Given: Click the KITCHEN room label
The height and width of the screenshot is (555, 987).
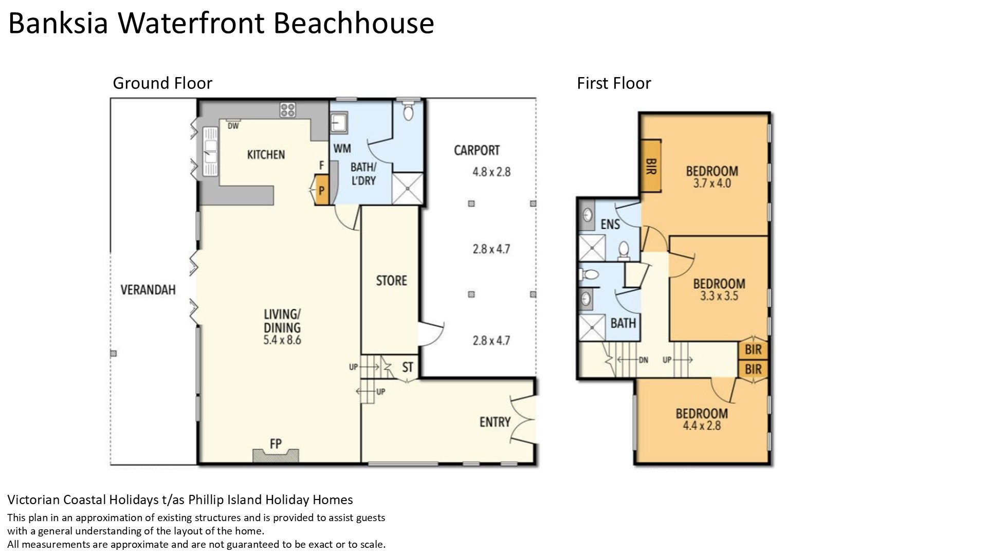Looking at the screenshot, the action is [x=266, y=155].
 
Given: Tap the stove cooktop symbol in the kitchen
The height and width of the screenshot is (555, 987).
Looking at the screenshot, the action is [x=287, y=109].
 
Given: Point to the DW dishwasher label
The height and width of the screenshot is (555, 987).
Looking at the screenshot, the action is [x=233, y=126].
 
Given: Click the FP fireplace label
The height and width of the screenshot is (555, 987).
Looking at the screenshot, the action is [x=276, y=443].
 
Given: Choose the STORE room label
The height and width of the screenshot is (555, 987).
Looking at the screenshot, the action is [x=391, y=281].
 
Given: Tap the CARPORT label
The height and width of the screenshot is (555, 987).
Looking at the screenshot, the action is [x=477, y=151].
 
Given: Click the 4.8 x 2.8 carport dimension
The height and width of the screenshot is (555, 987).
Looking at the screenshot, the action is [x=491, y=172].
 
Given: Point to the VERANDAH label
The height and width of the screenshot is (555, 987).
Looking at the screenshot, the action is [x=148, y=290].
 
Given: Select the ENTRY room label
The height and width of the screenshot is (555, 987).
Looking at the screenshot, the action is [x=495, y=422].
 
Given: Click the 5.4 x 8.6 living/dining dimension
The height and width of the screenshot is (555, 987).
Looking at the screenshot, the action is [x=282, y=340].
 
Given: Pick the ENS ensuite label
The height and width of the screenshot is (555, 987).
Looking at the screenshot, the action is [x=610, y=224].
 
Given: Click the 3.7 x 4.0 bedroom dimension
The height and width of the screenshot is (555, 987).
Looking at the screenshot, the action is [x=711, y=183].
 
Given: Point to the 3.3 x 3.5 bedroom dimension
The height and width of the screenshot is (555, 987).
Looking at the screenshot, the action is [x=719, y=296].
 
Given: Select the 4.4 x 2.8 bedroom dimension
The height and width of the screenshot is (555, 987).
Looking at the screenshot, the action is [x=702, y=425].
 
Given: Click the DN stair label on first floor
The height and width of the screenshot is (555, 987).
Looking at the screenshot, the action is [x=643, y=360].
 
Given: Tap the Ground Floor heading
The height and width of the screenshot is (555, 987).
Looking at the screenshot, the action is [x=162, y=83].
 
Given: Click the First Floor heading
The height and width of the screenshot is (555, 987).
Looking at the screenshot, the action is [x=614, y=83].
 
